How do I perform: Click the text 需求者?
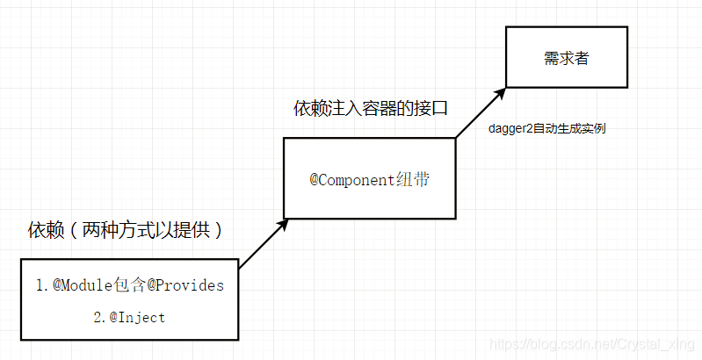point(567,60)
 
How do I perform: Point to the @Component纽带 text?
point(369,179)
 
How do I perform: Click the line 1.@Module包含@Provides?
point(129,285)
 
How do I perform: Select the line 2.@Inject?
point(129,317)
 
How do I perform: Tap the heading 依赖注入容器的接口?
point(371,109)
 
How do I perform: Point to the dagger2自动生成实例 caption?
point(546,128)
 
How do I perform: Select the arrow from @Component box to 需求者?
point(481,112)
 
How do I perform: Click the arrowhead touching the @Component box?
point(283,223)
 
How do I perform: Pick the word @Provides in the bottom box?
point(187,285)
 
